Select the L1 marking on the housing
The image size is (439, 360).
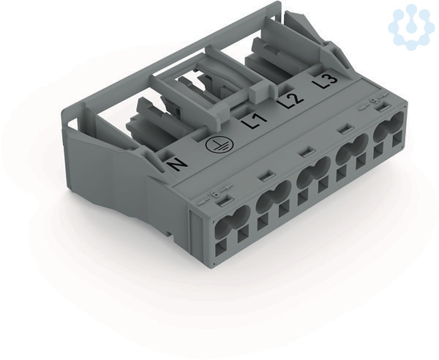254,121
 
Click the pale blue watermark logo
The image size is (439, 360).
410,26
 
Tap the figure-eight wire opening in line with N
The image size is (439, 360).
232,217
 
